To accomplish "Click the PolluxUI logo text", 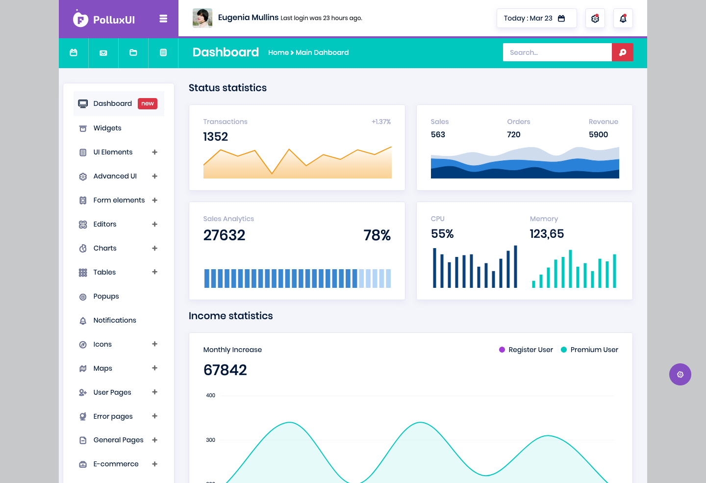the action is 114,20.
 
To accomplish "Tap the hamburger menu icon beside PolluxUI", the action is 163,19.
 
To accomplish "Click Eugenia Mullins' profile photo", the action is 202,18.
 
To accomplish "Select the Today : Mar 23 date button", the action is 536,18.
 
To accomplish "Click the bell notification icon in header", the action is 623,18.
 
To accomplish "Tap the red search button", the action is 623,52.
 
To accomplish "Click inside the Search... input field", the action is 557,52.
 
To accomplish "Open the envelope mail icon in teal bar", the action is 103,52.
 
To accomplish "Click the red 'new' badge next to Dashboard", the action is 148,103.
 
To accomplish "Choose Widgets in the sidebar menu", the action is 107,128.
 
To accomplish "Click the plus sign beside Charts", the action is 154,248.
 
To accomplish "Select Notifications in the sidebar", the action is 115,320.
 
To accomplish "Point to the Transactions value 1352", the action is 216,136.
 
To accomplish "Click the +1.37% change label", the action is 381,122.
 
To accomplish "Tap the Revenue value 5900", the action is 598,135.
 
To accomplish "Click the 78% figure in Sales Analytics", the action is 377,235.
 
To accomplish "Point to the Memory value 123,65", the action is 547,233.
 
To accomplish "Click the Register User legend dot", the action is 502,350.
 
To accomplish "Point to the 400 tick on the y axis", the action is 210,395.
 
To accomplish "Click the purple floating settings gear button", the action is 680,374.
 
